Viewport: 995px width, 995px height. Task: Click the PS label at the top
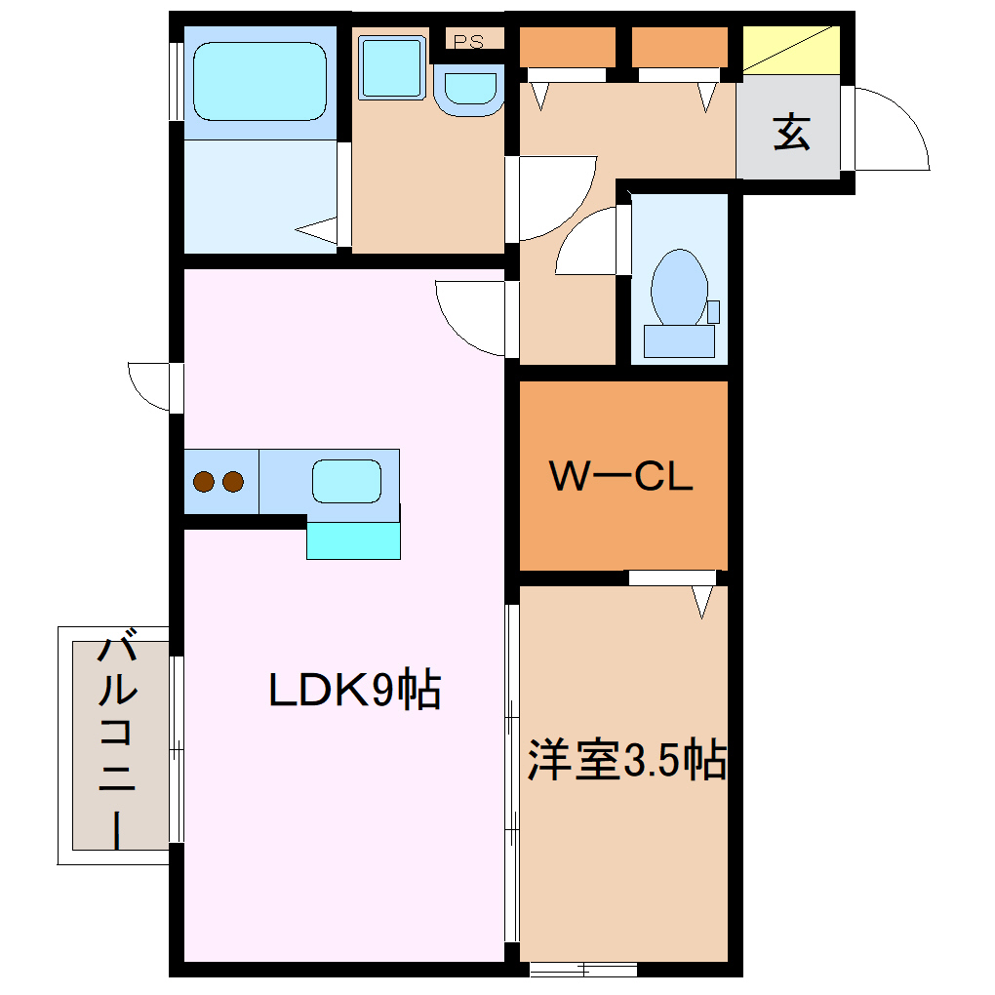pyautogui.click(x=469, y=42)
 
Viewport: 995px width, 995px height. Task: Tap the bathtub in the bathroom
pyautogui.click(x=259, y=79)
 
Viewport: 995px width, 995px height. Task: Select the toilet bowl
pyautogui.click(x=679, y=285)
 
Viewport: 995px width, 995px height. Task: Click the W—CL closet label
pyautogui.click(x=621, y=476)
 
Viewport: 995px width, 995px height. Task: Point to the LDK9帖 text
pyautogui.click(x=355, y=691)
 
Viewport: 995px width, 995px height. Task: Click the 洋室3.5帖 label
pyautogui.click(x=626, y=761)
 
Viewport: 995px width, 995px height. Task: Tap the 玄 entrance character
pyautogui.click(x=791, y=133)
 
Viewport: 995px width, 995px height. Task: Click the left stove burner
pyautogui.click(x=205, y=481)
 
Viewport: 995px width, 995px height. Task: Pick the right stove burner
pyautogui.click(x=232, y=481)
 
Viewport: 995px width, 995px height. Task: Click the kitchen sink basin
pyautogui.click(x=346, y=481)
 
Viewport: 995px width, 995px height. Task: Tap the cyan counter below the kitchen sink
pyautogui.click(x=353, y=540)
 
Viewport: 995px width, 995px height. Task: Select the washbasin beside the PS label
pyautogui.click(x=468, y=90)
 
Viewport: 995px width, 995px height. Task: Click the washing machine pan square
pyautogui.click(x=392, y=67)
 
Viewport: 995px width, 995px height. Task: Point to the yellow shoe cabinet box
pyautogui.click(x=791, y=49)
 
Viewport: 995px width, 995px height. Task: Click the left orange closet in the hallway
pyautogui.click(x=567, y=46)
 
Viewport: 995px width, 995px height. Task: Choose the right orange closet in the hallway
pyautogui.click(x=680, y=46)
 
